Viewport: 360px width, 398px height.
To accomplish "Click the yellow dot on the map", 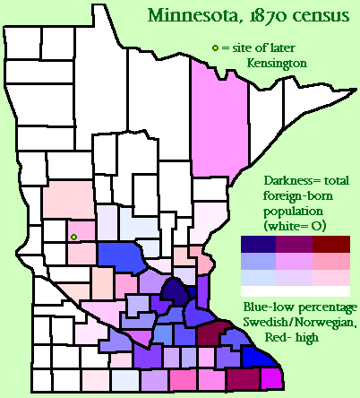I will click(x=73, y=238).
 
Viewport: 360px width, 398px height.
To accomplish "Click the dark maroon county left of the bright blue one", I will click(x=214, y=334).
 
